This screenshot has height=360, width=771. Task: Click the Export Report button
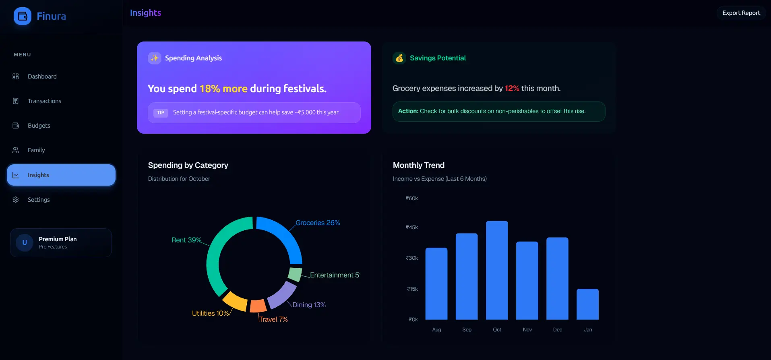tap(741, 13)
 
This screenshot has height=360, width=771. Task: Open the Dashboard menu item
tap(42, 77)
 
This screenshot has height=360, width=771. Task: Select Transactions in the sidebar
tap(44, 101)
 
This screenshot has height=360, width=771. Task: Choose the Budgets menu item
tap(39, 126)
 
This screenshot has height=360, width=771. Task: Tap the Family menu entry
tap(36, 150)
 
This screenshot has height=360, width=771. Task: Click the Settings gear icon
tap(16, 200)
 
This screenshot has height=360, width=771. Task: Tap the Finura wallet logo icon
tap(23, 16)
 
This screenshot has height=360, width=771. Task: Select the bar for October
tap(497, 270)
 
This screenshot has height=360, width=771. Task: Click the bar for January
tap(587, 304)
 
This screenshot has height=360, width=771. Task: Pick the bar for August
tap(436, 283)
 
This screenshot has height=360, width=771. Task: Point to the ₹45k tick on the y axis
tap(412, 228)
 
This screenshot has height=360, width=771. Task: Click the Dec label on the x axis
tap(558, 330)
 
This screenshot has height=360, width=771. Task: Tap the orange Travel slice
tap(258, 306)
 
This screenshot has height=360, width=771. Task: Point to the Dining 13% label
tap(309, 305)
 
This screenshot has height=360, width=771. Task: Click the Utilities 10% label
tap(210, 313)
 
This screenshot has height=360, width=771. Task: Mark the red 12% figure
tap(512, 89)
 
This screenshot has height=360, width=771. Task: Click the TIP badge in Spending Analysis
tap(161, 113)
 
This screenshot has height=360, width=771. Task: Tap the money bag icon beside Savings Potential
tap(399, 58)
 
